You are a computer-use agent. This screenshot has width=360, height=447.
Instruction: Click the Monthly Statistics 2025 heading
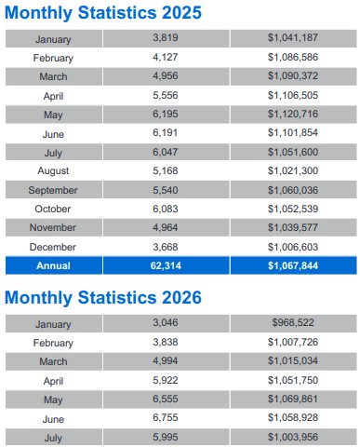(x=103, y=13)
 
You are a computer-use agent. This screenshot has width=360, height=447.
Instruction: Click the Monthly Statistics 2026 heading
(x=103, y=298)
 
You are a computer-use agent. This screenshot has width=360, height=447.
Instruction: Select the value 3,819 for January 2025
(x=166, y=38)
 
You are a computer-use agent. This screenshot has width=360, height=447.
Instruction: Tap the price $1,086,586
(x=293, y=57)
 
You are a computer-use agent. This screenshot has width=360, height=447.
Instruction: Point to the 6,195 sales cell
(x=166, y=114)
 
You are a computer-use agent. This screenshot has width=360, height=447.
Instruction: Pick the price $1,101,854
(x=293, y=133)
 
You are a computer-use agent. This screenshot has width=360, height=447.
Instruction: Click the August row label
(x=53, y=171)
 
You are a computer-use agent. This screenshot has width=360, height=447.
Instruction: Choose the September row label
(x=53, y=190)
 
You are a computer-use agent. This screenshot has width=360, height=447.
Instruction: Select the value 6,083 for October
(x=166, y=209)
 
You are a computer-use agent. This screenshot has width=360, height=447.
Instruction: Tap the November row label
(x=53, y=227)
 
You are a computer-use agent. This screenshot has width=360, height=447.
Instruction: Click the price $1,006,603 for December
(x=293, y=247)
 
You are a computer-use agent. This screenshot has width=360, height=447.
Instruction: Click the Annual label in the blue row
(x=53, y=265)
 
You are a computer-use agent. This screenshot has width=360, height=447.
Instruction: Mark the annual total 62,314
(x=166, y=265)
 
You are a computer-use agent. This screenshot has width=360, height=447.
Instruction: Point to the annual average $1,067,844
(x=293, y=265)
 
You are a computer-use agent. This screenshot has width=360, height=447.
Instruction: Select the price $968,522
(x=293, y=322)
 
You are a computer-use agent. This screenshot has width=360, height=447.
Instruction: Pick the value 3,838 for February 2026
(x=166, y=342)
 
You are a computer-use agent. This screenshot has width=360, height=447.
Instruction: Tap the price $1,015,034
(x=293, y=360)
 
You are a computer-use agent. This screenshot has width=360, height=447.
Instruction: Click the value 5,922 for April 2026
(x=166, y=380)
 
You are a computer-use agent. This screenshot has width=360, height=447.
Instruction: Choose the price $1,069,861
(x=293, y=399)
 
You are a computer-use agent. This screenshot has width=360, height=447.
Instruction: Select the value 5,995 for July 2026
(x=166, y=437)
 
